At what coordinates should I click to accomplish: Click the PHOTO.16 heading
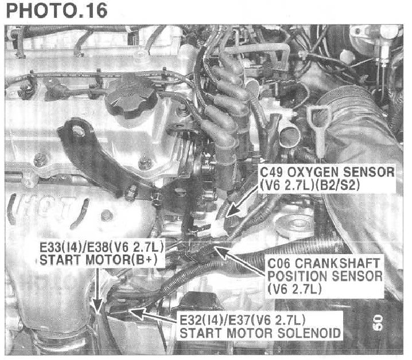(56, 10)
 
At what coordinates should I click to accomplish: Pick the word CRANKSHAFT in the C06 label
(337, 263)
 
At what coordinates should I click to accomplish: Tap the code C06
(279, 263)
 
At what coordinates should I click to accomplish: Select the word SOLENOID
(309, 333)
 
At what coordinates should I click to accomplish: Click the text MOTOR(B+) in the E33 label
(122, 260)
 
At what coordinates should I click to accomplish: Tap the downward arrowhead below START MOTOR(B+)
(98, 307)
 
